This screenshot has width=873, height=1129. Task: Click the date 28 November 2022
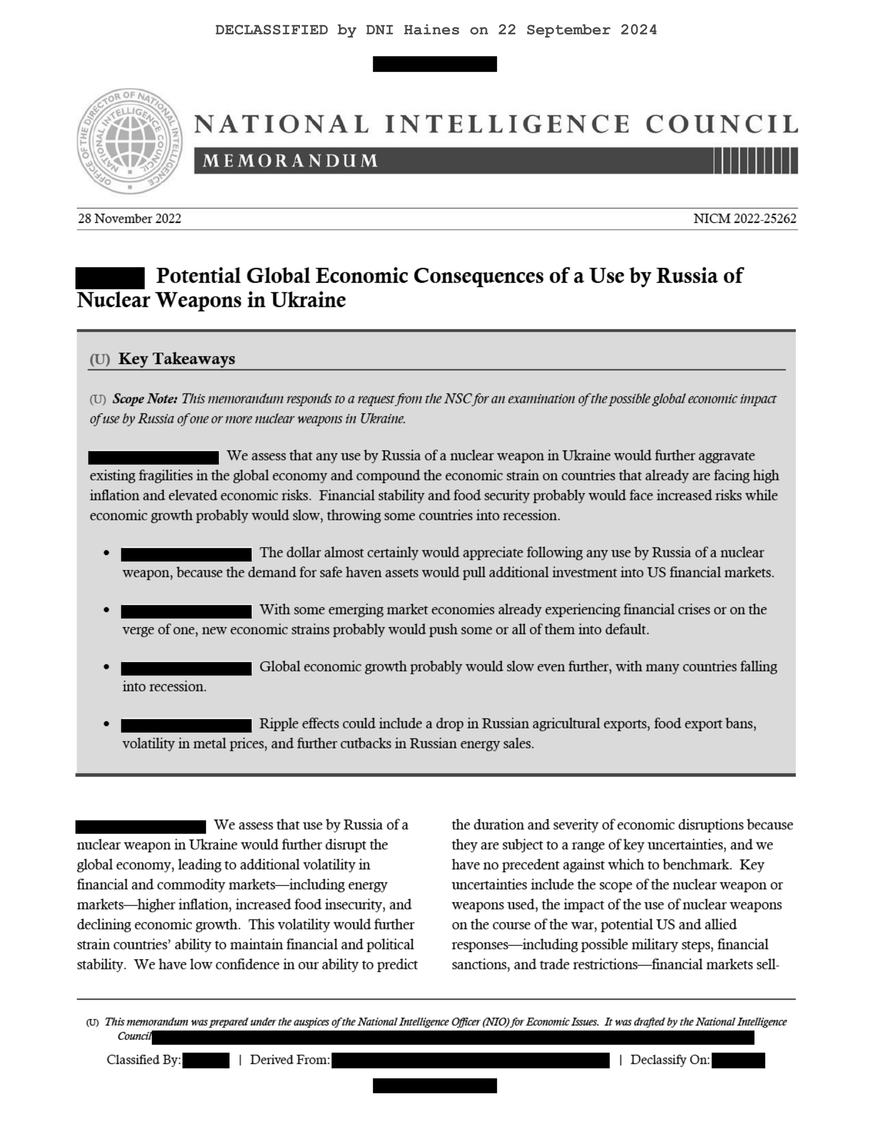[129, 219]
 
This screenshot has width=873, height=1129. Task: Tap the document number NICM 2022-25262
[744, 219]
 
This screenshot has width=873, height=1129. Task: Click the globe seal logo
[129, 141]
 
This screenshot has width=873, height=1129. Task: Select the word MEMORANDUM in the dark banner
[290, 161]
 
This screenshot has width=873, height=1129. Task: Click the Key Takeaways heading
[176, 359]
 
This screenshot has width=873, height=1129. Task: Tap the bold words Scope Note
[145, 399]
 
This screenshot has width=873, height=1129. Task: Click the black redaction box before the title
[110, 277]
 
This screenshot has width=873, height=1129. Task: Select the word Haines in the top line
[431, 30]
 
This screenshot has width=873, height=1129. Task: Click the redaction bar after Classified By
[206, 1060]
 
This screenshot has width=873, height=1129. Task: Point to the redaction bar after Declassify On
[738, 1060]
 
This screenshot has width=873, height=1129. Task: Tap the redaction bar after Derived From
[470, 1060]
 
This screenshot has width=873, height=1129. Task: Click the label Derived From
[290, 1060]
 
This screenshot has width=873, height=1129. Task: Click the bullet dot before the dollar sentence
[107, 553]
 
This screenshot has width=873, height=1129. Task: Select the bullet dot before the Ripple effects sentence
[107, 724]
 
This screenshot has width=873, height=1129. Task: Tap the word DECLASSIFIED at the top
[272, 30]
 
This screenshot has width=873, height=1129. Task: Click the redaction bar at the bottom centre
[435, 1086]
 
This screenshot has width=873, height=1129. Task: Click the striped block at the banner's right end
[756, 161]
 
